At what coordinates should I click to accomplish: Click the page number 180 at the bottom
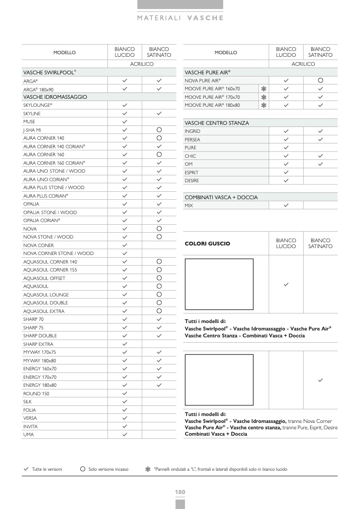pyautogui.click(x=180, y=492)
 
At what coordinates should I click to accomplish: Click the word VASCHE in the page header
pyautogui.click(x=205, y=18)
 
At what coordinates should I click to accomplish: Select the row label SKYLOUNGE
pyautogui.click(x=38, y=105)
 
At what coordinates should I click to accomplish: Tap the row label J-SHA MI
pyautogui.click(x=32, y=130)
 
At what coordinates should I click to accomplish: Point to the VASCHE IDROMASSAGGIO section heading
pyautogui.click(x=55, y=97)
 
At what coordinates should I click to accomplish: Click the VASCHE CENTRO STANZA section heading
pyautogui.click(x=216, y=123)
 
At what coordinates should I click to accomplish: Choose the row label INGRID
pyautogui.click(x=192, y=131)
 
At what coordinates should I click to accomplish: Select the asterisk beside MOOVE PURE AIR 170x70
pyautogui.click(x=263, y=97)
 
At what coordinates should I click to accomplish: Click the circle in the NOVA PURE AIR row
pyautogui.click(x=321, y=80)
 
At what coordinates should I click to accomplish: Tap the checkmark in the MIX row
pyautogui.click(x=286, y=205)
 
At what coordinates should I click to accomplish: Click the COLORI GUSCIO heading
pyautogui.click(x=207, y=243)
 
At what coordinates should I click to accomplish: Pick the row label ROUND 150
pyautogui.click(x=36, y=394)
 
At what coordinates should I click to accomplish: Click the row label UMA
pyautogui.click(x=29, y=435)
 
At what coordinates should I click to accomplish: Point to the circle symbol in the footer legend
pyautogui.click(x=82, y=469)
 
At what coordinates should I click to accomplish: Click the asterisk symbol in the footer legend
pyautogui.click(x=147, y=469)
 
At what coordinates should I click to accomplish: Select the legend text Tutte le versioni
pyautogui.click(x=47, y=469)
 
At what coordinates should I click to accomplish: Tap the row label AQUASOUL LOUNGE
pyautogui.click(x=46, y=295)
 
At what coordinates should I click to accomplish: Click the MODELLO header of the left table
pyautogui.click(x=64, y=53)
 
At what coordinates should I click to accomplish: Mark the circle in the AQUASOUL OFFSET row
pyautogui.click(x=159, y=278)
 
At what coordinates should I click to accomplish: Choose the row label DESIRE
pyautogui.click(x=192, y=181)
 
